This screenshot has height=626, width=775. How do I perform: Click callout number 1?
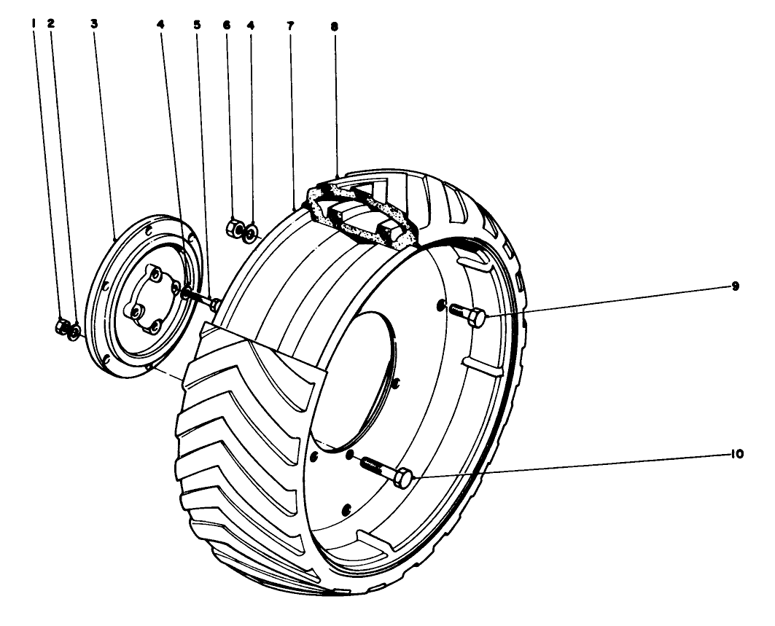coord(33,23)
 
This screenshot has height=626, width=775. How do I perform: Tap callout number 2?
coord(51,23)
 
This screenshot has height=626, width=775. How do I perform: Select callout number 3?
coord(94,23)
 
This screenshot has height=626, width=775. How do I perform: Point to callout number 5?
coord(197,25)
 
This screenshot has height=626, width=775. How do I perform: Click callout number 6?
coord(226,25)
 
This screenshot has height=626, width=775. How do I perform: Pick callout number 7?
coord(290,26)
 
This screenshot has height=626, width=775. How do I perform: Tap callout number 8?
coord(335,27)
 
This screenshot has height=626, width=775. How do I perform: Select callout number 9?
coord(735,286)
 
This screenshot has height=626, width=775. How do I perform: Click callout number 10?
coord(736,454)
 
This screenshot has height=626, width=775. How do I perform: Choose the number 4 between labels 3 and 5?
coord(160,24)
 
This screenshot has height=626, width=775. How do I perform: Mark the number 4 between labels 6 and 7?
coord(251,25)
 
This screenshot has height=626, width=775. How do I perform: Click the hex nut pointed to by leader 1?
coord(62,326)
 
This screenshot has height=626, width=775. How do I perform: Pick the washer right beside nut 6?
coord(250,231)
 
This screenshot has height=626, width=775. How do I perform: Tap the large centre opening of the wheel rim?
coord(356,380)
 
